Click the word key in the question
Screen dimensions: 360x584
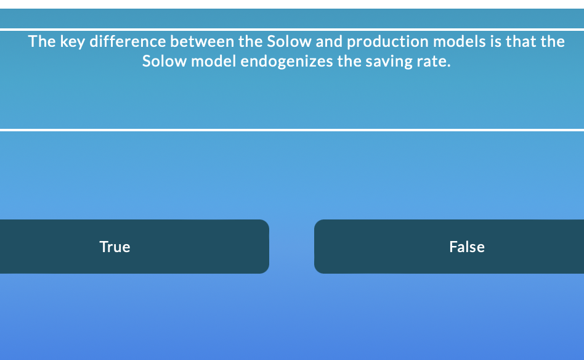coord(72,42)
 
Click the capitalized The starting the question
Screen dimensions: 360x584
coord(42,42)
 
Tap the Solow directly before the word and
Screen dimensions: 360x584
coord(290,42)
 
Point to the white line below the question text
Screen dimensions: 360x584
coord(292,130)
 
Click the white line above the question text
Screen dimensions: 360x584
coord(292,29)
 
